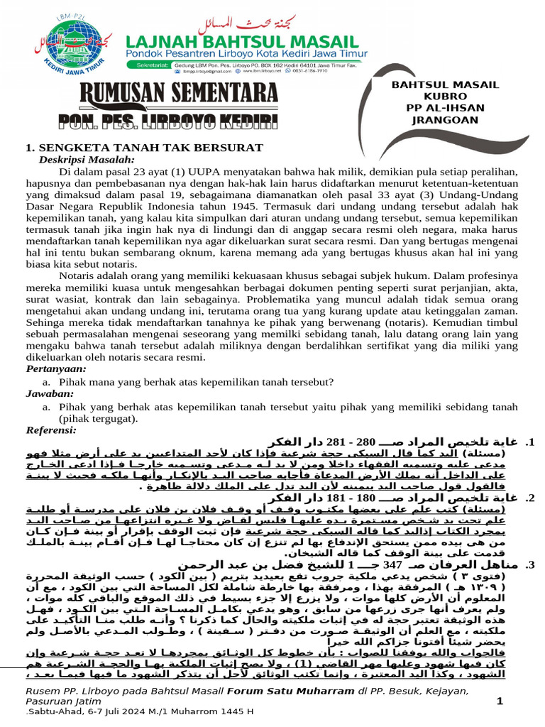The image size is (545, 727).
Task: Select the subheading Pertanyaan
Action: tap(56, 369)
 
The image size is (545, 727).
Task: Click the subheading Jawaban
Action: tap(49, 393)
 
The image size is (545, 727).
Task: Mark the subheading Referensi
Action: tap(52, 430)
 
